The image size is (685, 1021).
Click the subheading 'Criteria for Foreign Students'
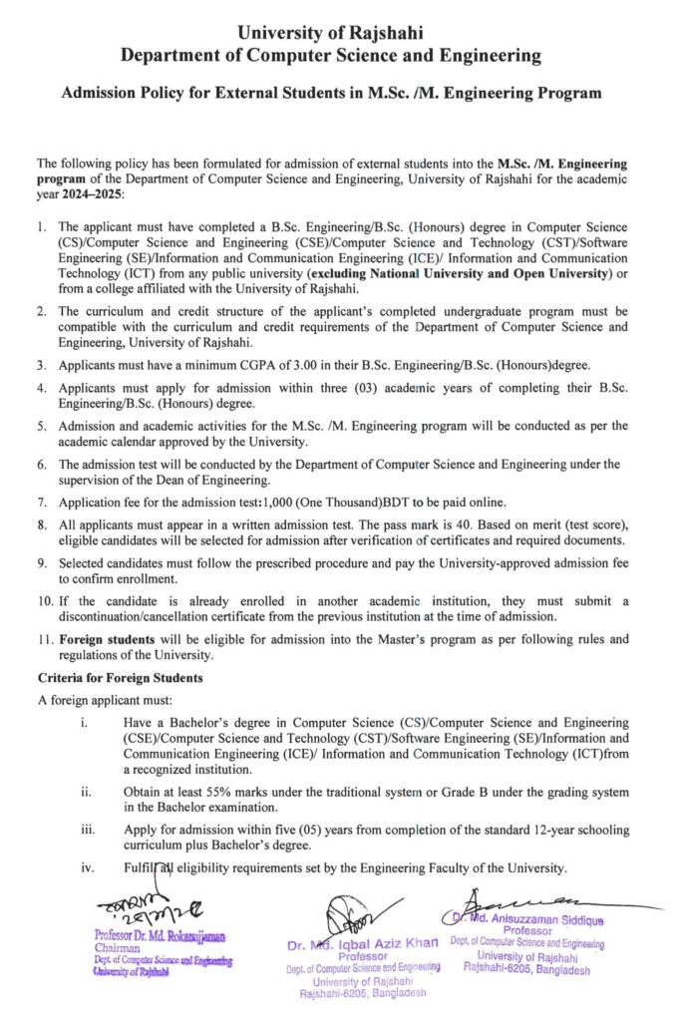click(120, 678)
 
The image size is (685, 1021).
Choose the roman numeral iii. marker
click(90, 830)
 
